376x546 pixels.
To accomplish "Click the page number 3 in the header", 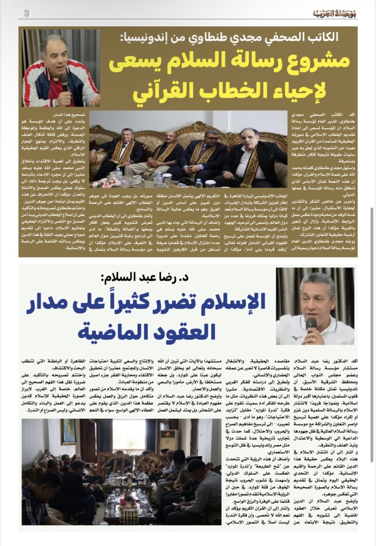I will [26, 13].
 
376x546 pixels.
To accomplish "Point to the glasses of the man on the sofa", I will [212, 138].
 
